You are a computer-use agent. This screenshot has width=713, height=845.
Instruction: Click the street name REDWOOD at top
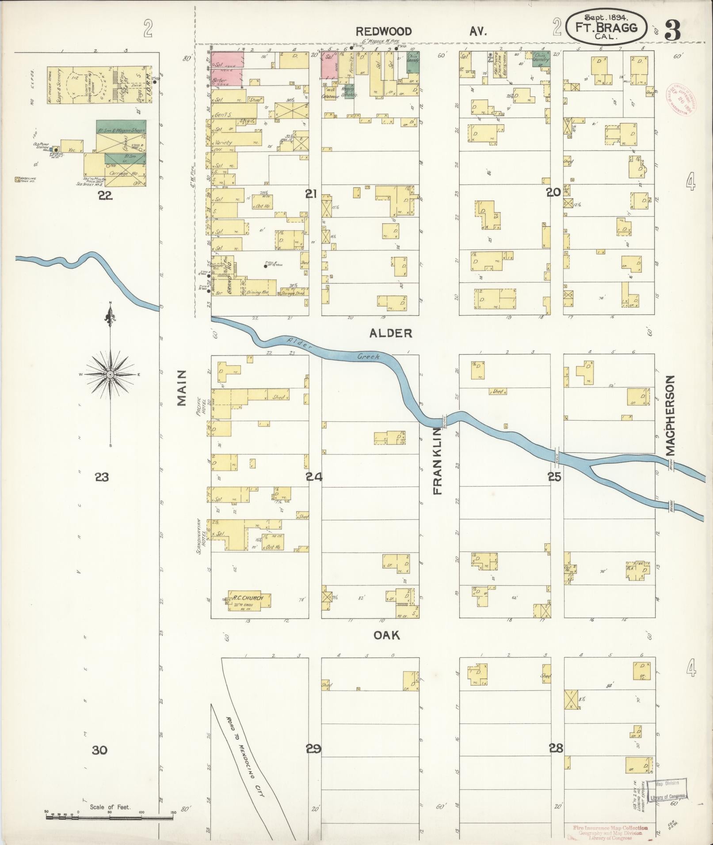(x=384, y=31)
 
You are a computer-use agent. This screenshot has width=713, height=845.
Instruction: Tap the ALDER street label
(x=391, y=333)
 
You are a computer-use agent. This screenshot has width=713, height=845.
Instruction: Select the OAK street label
(x=387, y=635)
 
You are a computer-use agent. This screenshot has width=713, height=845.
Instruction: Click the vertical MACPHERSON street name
(x=671, y=415)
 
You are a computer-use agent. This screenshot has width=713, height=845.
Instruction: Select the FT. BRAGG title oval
(x=606, y=27)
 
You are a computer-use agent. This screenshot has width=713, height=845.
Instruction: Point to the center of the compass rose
(x=111, y=375)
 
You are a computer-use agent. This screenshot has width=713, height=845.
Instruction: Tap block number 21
(x=312, y=193)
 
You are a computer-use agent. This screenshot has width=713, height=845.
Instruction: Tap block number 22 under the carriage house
(x=105, y=195)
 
